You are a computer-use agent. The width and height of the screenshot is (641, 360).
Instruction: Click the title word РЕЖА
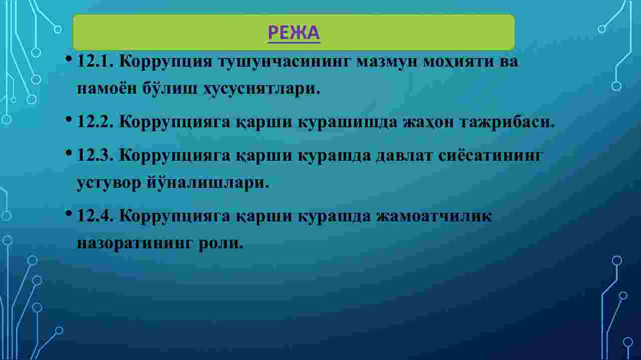(x=294, y=33)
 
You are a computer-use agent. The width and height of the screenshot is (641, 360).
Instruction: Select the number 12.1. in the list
(x=95, y=61)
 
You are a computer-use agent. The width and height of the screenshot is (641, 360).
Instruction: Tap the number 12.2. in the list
(x=95, y=121)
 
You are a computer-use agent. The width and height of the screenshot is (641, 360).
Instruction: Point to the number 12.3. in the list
(x=95, y=155)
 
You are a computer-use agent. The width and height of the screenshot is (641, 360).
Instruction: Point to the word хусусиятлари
(x=261, y=89)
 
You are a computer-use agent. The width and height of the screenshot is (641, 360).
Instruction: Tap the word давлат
(x=404, y=156)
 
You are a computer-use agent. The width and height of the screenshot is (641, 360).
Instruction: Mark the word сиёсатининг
(x=490, y=156)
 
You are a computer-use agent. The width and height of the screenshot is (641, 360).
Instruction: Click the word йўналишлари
(x=208, y=183)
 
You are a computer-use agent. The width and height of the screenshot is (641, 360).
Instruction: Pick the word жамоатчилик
(x=434, y=216)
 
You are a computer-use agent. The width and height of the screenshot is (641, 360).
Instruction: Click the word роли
(x=221, y=243)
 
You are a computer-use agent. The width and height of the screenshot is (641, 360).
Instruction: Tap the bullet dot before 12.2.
(x=69, y=119)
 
